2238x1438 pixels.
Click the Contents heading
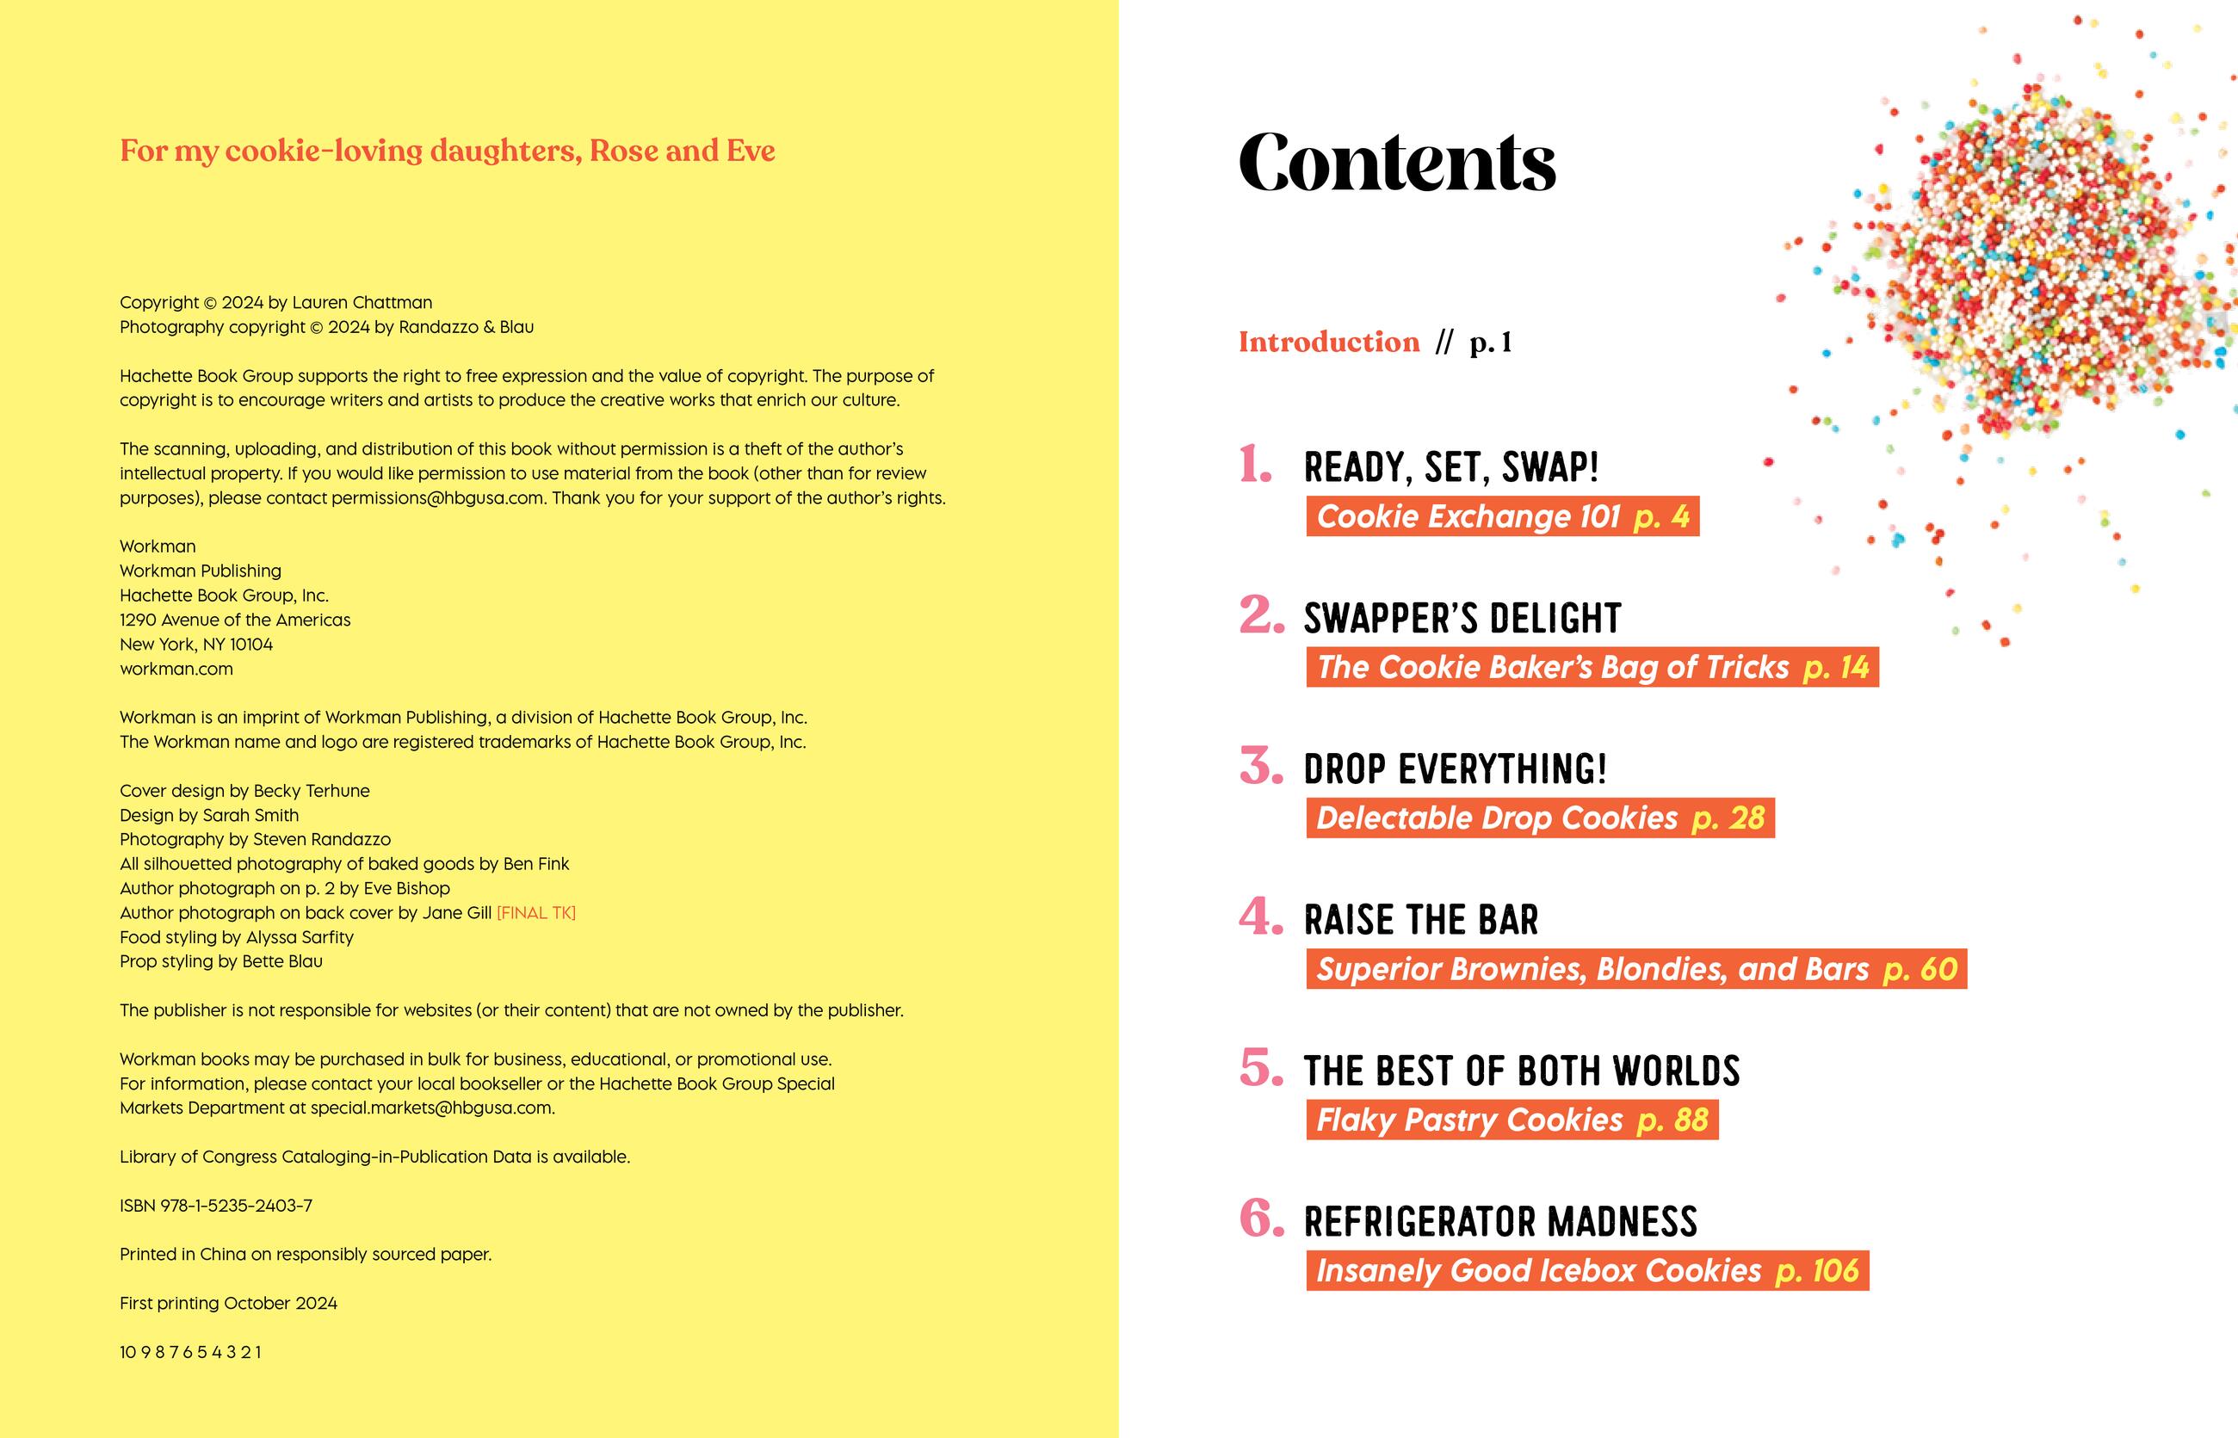tap(1396, 163)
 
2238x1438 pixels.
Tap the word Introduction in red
tap(1328, 343)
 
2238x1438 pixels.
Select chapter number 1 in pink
tap(1255, 464)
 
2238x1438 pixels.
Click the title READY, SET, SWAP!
tap(1450, 467)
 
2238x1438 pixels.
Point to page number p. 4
tap(1660, 517)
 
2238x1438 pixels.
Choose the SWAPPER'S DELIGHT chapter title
tap(1462, 618)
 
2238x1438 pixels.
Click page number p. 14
tap(1835, 668)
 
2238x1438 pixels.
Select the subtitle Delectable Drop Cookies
tap(1496, 819)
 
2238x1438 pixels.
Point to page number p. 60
tap(1920, 969)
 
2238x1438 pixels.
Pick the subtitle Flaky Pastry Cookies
tap(1469, 1120)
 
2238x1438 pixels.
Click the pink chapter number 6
tap(1261, 1219)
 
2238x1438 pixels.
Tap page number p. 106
tap(1817, 1271)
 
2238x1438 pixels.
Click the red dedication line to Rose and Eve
tap(448, 151)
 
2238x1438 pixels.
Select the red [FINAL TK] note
tap(535, 913)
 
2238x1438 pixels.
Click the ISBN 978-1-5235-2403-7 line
tap(216, 1206)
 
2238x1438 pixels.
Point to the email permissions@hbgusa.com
tap(437, 497)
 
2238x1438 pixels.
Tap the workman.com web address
tap(176, 669)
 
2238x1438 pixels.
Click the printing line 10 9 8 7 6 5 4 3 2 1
tap(190, 1352)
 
